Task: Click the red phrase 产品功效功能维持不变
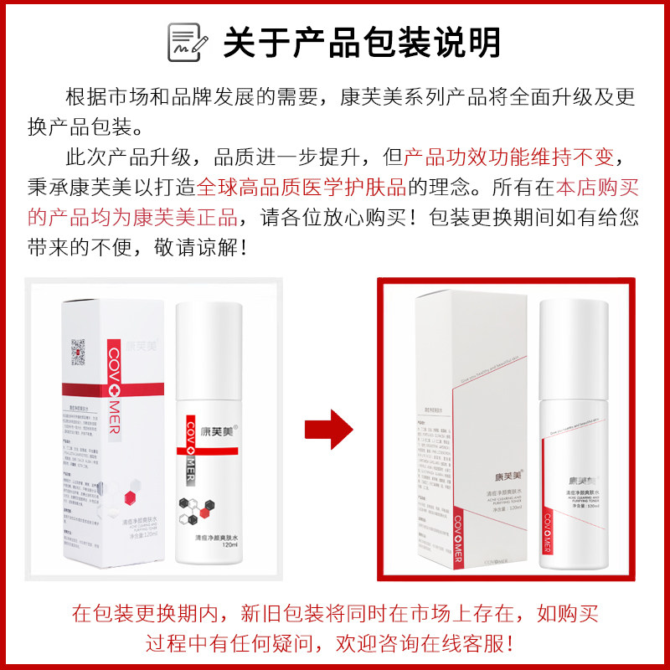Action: pyautogui.click(x=509, y=157)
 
